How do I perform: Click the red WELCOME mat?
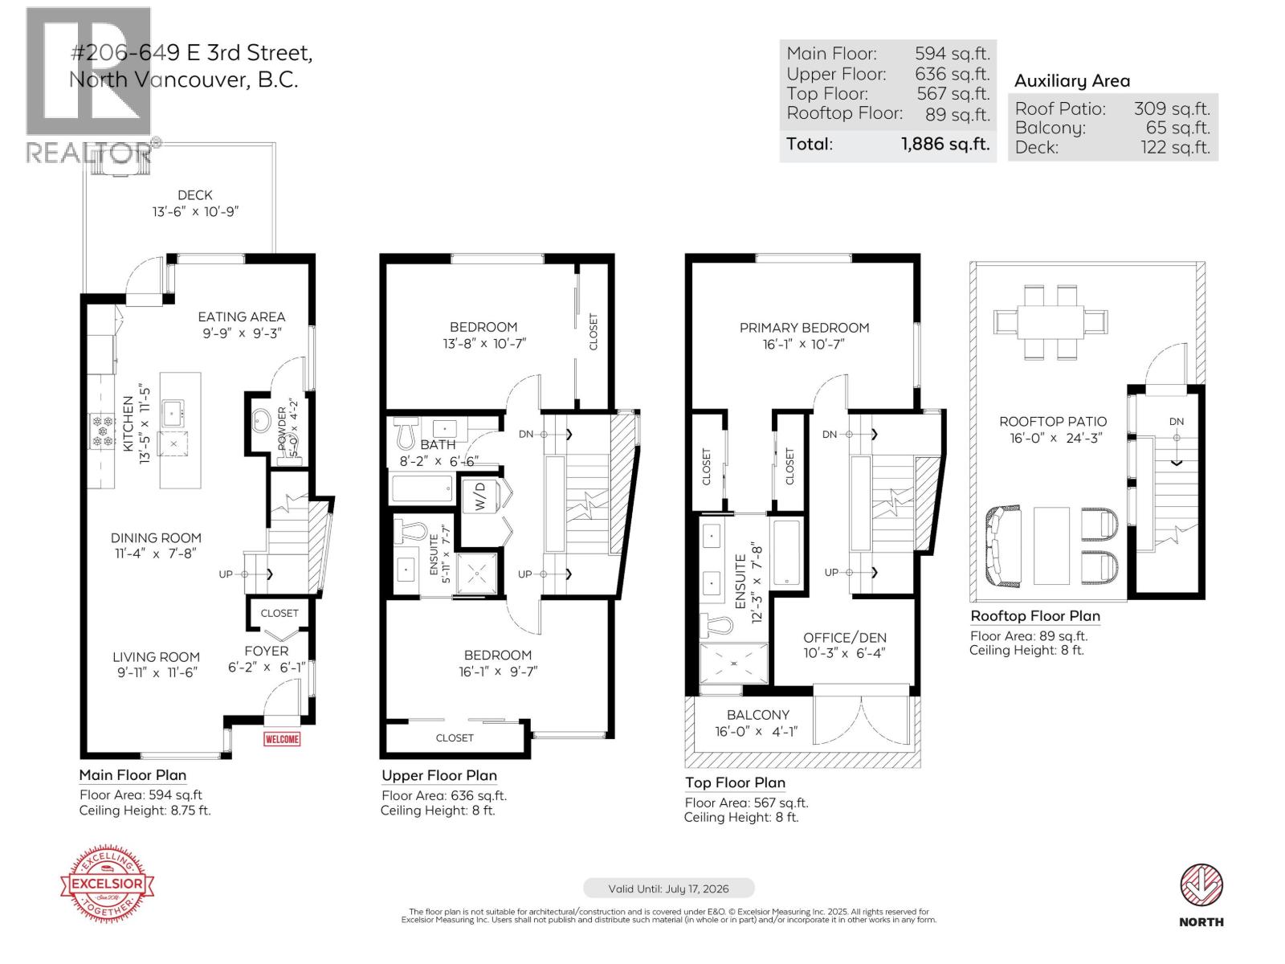(282, 739)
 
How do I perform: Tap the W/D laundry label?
(480, 496)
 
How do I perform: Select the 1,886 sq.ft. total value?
(944, 145)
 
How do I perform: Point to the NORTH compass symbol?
(1201, 886)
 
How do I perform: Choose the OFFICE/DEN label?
(845, 638)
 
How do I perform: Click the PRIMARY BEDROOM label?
(804, 328)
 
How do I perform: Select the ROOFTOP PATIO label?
(1052, 422)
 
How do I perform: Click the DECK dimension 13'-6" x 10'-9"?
(196, 212)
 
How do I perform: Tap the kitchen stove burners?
(102, 430)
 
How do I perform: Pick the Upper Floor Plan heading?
(439, 776)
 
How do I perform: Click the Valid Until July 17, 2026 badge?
(668, 888)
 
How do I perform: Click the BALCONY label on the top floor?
(757, 715)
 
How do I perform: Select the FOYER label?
(266, 651)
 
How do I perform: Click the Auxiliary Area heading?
(1071, 81)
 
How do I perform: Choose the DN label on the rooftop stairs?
(1176, 422)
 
